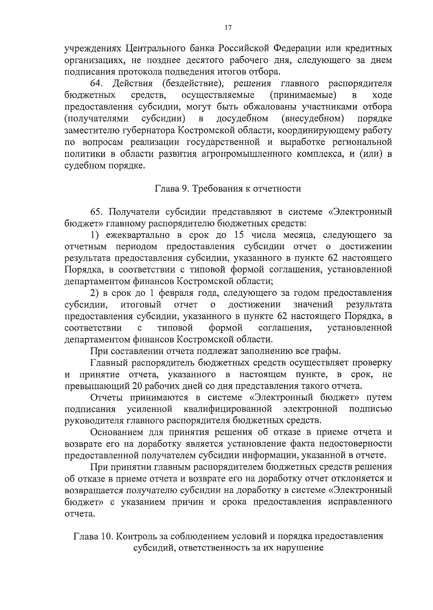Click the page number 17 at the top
coord(228,28)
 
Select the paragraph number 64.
coord(97,84)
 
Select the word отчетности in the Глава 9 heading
coord(277,188)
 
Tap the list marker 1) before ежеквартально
coord(95,235)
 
